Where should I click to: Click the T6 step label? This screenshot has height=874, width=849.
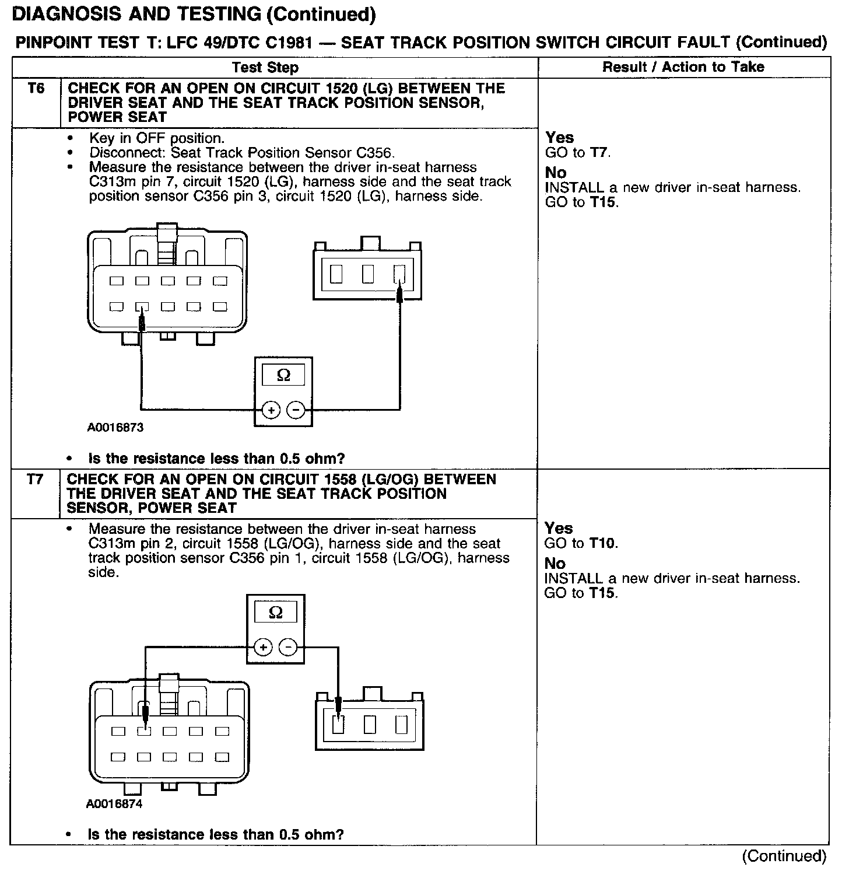click(x=36, y=89)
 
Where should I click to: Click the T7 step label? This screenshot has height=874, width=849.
click(x=35, y=480)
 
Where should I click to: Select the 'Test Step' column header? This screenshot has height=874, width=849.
click(x=265, y=67)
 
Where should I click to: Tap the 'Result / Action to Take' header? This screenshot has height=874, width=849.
click(x=683, y=67)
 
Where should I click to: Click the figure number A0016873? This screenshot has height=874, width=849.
click(x=115, y=428)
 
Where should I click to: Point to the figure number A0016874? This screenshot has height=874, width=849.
click(x=114, y=804)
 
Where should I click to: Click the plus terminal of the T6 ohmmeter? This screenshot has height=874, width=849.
click(x=271, y=410)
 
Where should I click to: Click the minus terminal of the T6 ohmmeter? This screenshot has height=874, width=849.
click(x=296, y=410)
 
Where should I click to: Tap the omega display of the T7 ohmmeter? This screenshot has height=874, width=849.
click(x=276, y=613)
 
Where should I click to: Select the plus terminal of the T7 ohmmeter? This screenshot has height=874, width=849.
click(x=263, y=647)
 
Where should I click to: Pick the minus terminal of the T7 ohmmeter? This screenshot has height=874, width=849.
click(x=288, y=647)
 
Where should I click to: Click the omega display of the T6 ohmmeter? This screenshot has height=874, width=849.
click(x=283, y=375)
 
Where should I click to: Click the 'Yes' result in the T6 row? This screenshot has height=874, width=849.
click(x=560, y=138)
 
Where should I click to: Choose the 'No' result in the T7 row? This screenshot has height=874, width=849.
click(x=555, y=564)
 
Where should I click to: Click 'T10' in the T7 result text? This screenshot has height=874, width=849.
click(x=602, y=543)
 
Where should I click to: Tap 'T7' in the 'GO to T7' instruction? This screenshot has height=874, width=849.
click(x=600, y=153)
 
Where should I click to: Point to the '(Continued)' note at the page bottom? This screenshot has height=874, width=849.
click(x=784, y=856)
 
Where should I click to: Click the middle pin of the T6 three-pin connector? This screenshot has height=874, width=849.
click(x=367, y=274)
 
